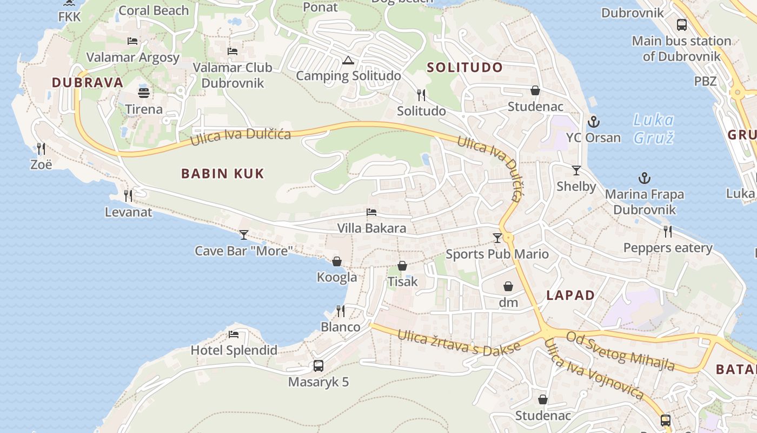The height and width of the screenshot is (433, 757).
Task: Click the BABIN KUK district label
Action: (x=222, y=174)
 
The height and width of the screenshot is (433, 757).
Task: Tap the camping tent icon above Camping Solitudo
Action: (x=348, y=60)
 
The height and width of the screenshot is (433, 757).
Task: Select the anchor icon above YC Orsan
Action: (x=594, y=121)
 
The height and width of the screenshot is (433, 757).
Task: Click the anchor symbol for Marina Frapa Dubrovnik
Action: (x=644, y=178)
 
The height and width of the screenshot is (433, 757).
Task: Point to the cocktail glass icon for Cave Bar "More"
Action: (x=244, y=234)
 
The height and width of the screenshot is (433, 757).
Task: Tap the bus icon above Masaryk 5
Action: (x=318, y=366)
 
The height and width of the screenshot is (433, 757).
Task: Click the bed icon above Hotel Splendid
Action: (x=234, y=334)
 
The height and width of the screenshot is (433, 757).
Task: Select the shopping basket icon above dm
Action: (x=508, y=286)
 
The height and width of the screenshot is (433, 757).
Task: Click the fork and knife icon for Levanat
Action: (x=128, y=195)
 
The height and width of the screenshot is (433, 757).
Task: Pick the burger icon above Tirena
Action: (x=144, y=93)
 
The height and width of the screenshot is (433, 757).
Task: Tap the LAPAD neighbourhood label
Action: (x=570, y=296)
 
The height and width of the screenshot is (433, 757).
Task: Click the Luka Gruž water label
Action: (x=654, y=129)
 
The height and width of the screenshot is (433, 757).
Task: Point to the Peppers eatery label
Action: (x=668, y=248)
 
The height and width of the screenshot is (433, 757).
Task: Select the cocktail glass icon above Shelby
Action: (x=576, y=170)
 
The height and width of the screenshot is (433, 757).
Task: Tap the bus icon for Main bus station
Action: (x=682, y=25)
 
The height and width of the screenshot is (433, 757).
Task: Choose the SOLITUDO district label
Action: (x=465, y=68)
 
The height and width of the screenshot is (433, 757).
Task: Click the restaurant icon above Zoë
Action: (x=41, y=148)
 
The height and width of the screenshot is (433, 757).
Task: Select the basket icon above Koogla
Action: (x=337, y=262)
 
